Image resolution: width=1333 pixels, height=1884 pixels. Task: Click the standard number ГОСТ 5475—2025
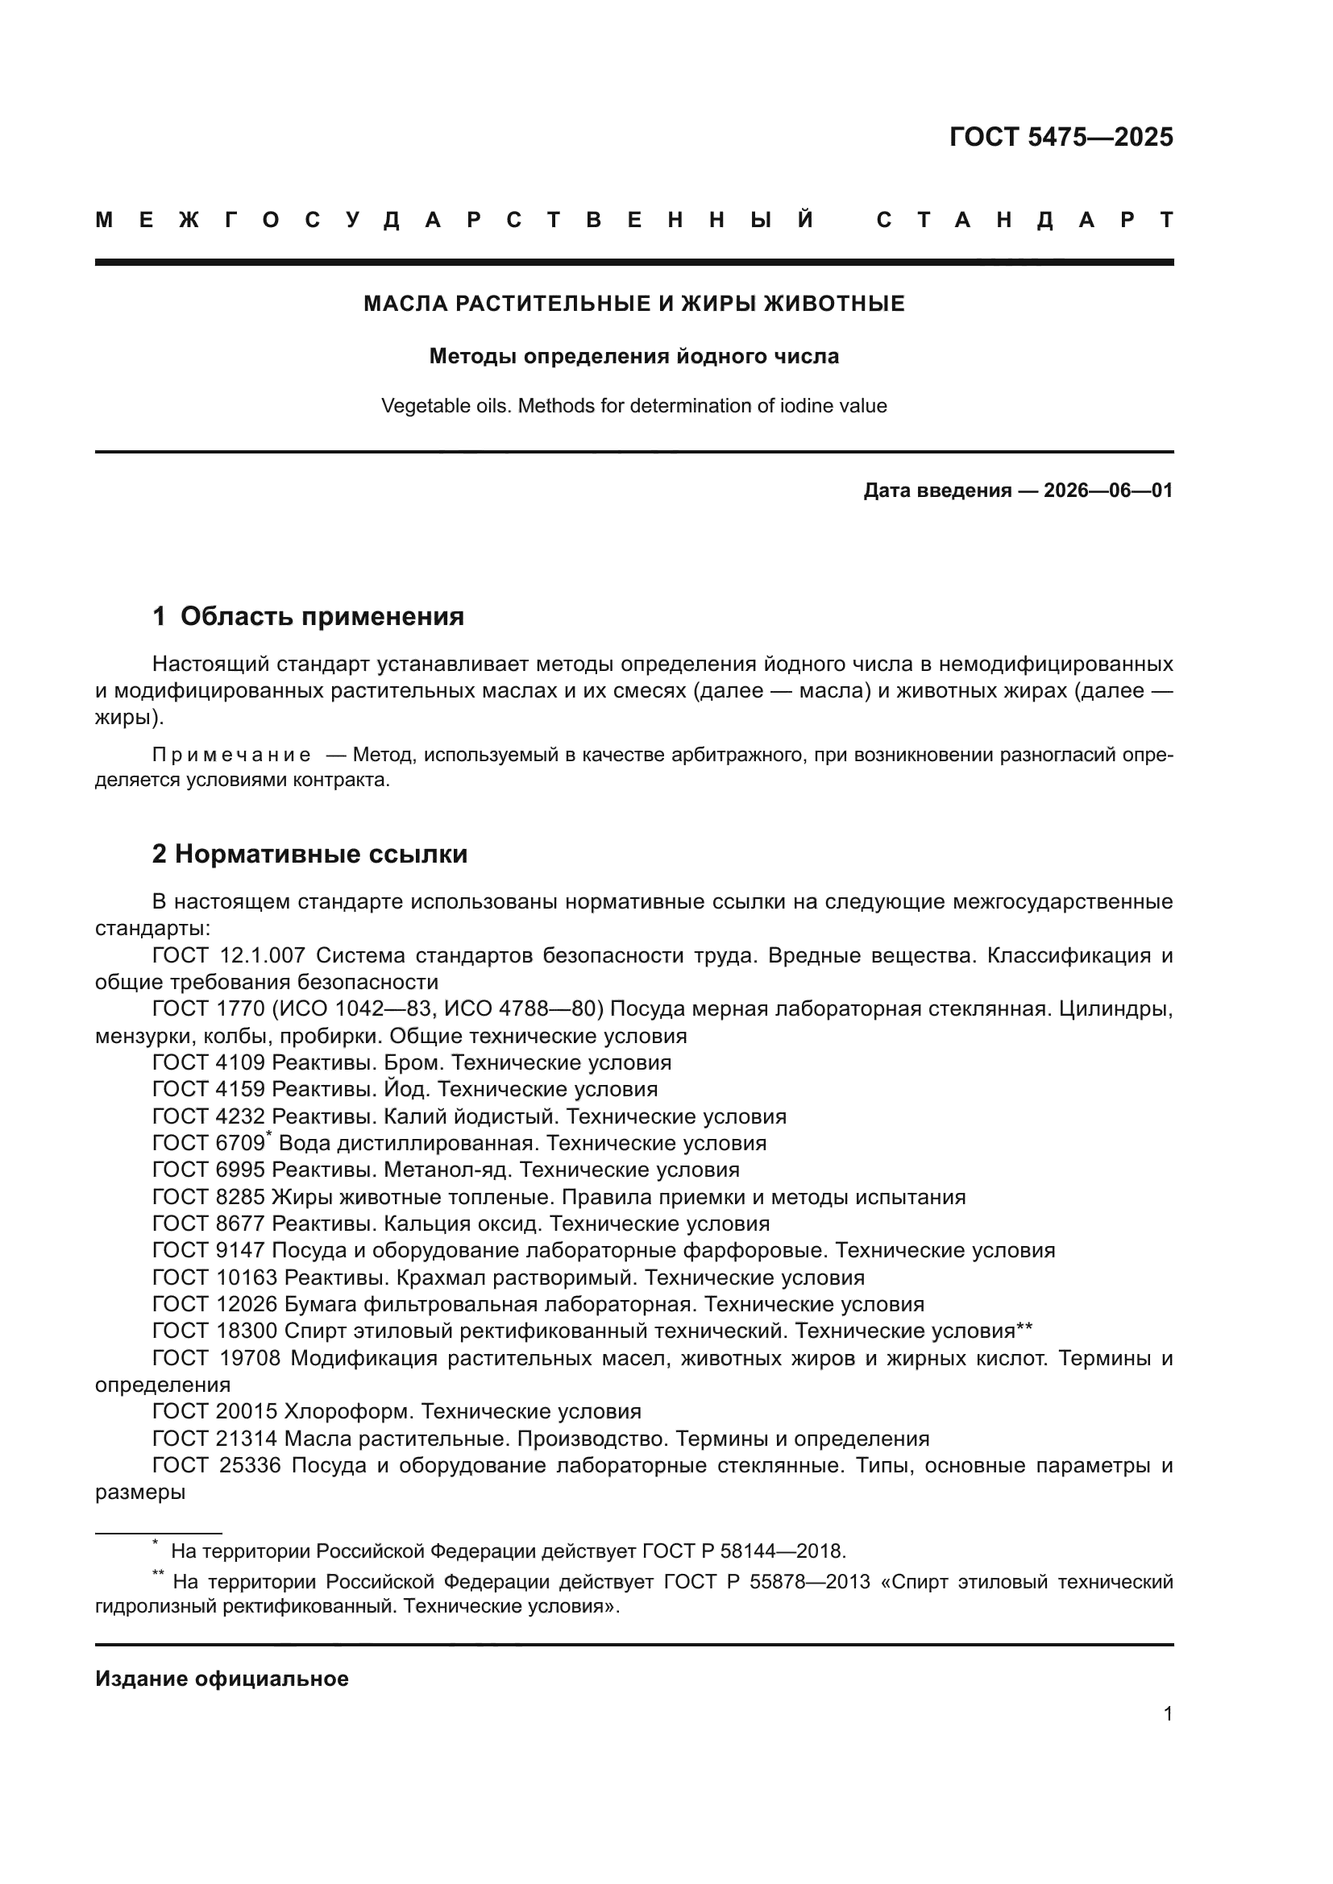pyautogui.click(x=1061, y=137)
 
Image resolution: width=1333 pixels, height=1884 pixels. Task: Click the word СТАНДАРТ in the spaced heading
pyautogui.click(x=1024, y=220)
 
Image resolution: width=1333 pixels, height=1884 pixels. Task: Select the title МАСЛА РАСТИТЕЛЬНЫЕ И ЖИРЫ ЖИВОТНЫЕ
pyautogui.click(x=633, y=304)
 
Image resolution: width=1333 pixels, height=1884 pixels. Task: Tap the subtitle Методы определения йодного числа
pyautogui.click(x=633, y=356)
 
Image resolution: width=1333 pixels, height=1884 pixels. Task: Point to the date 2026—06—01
pyautogui.click(x=1107, y=491)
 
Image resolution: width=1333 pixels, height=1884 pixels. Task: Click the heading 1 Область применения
pyautogui.click(x=308, y=616)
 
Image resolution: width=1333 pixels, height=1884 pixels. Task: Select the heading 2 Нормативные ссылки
pyautogui.click(x=309, y=854)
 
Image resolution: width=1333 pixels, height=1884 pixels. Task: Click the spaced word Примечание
pyautogui.click(x=231, y=755)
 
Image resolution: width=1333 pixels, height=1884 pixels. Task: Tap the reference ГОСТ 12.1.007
pyautogui.click(x=228, y=955)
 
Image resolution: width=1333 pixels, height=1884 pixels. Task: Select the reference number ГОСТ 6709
pyautogui.click(x=209, y=1143)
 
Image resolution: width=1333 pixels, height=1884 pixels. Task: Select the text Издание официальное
pyautogui.click(x=222, y=1679)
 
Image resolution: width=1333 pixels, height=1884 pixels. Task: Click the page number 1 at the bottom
pyautogui.click(x=1167, y=1713)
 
